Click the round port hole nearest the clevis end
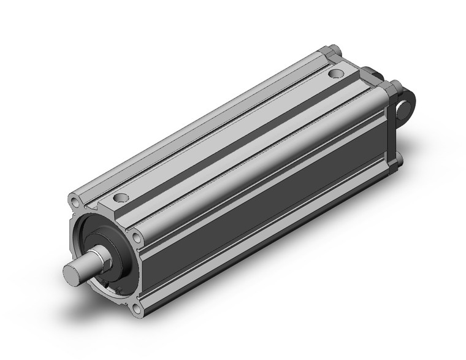click(x=335, y=74)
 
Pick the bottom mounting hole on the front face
click(x=138, y=308)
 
